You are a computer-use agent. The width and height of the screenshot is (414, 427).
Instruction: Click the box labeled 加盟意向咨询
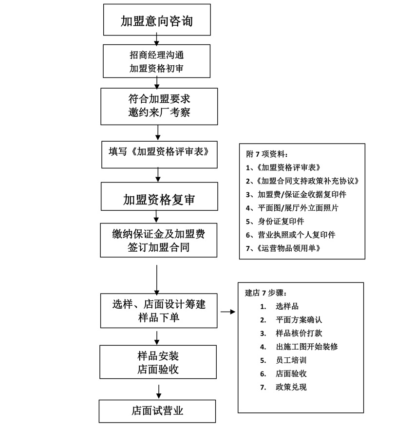pos(157,20)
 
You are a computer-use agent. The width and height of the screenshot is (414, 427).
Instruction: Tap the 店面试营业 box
pos(157,410)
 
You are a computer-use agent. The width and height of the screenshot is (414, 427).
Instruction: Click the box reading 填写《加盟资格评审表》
pos(159,151)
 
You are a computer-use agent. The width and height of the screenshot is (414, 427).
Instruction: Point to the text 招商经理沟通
pos(157,55)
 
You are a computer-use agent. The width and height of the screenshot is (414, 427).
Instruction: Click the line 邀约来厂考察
pos(159,112)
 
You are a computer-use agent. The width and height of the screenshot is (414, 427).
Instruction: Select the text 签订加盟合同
pos(159,247)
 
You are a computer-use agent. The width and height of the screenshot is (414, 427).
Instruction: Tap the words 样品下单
pos(159,317)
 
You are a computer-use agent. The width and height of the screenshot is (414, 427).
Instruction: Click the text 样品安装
pos(158,355)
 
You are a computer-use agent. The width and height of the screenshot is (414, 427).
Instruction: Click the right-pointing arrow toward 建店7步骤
pos(227,311)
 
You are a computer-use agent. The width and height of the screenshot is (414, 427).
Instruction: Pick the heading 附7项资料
pos(267,154)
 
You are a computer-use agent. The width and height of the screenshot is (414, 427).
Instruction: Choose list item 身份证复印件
pos(281,221)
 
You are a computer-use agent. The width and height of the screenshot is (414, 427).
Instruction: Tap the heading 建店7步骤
pos(265,293)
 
